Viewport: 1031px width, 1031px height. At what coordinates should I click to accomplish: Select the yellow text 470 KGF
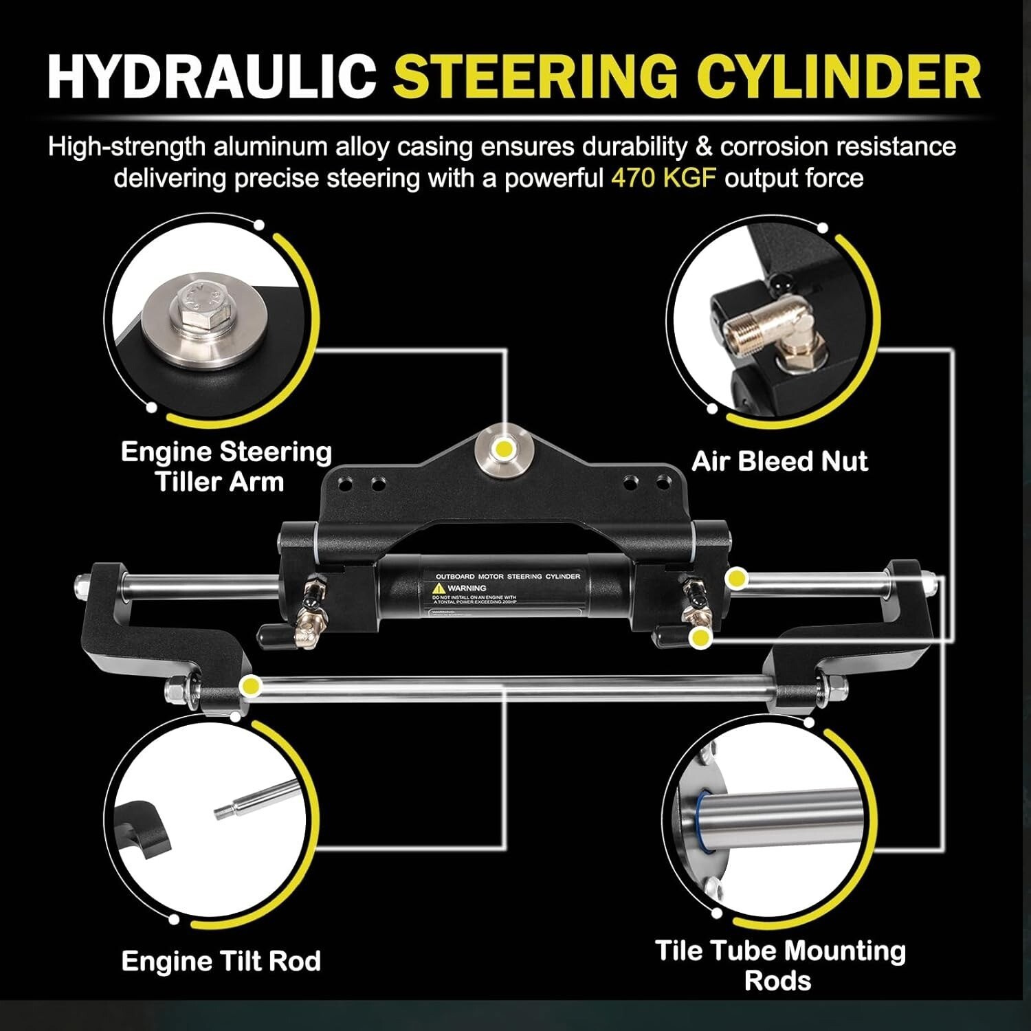pos(663,178)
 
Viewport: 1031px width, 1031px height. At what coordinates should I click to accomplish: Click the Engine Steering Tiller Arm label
pos(225,467)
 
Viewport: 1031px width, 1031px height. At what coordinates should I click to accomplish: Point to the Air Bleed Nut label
pos(779,461)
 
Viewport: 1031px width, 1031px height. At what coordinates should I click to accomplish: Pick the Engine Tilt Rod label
pos(221,961)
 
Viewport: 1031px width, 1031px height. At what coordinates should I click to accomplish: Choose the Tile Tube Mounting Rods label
pos(779,965)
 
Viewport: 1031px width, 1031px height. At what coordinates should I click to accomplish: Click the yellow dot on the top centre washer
pos(505,449)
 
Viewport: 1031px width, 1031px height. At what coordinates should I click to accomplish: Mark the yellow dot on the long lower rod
pos(250,685)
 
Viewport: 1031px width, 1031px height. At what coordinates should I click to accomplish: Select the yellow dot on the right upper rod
pos(737,579)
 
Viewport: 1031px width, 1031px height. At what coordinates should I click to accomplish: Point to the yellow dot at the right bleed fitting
pos(700,638)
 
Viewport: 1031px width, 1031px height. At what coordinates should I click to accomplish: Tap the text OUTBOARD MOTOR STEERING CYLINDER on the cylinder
pos(508,576)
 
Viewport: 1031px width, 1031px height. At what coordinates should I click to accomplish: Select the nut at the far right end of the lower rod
pos(837,685)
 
